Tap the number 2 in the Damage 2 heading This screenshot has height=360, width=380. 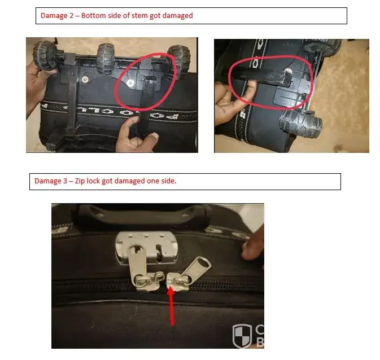(71, 15)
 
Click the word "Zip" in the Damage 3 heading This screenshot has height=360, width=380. (80, 181)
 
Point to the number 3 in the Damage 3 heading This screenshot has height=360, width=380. (65, 181)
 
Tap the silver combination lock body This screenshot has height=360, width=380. (147, 247)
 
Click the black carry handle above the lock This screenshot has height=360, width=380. (143, 215)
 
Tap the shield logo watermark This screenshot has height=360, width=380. (242, 336)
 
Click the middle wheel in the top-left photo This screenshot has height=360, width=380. (106, 58)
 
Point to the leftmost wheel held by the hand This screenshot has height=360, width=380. (45, 56)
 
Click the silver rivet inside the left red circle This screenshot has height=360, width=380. (130, 83)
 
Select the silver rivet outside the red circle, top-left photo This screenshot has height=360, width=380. (85, 79)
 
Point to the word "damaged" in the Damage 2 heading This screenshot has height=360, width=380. (177, 16)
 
